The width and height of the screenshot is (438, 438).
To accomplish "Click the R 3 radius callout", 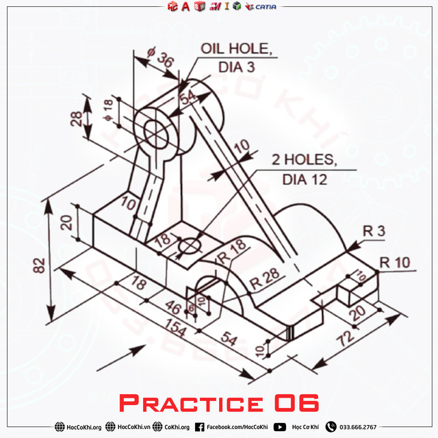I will pos(374,232).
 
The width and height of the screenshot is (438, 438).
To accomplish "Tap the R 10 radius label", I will pos(394,261).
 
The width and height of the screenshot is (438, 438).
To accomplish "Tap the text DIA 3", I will pos(236,67).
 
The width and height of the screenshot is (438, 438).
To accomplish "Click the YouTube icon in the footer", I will pos(280,427).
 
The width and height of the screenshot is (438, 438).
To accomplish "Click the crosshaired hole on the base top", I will pos(190,244).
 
